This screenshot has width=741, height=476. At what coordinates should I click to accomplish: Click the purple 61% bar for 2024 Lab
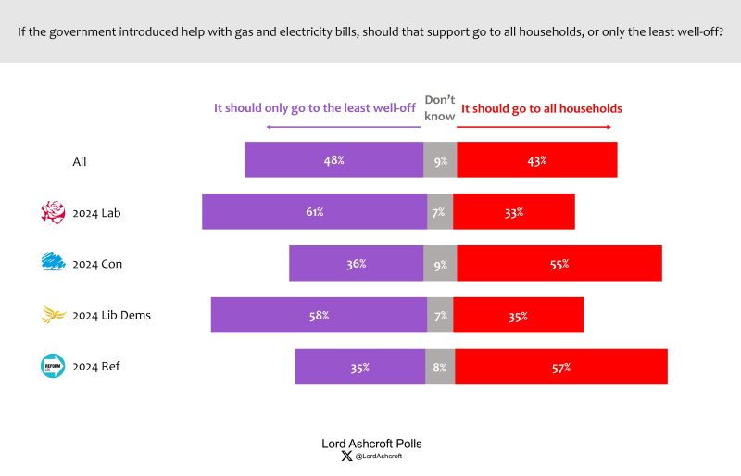pos(315,211)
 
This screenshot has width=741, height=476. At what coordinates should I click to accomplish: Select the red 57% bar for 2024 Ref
pos(561,367)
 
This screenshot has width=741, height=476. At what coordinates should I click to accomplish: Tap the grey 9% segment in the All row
pos(440,160)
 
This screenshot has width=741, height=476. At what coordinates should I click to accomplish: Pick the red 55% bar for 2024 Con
pos(559,263)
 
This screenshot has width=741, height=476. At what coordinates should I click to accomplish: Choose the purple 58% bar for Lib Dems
pos(319,315)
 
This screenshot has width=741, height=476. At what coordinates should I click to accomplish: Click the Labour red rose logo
pos(53,212)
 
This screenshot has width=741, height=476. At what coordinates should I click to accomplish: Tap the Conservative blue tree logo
pos(54,261)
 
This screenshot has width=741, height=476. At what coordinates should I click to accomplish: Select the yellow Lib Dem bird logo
pos(54,314)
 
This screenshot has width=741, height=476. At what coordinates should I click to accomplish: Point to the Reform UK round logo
pos(53,366)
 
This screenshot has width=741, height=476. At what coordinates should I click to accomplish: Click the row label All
pos(80,162)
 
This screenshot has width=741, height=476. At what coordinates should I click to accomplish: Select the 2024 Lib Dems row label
pos(111,315)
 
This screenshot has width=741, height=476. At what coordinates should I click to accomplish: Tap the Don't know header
pos(439,107)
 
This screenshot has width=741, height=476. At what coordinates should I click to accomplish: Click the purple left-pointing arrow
pos(343,127)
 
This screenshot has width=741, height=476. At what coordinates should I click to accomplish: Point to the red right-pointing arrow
pos(534,127)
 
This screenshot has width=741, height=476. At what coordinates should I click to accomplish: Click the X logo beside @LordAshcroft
pos(346,457)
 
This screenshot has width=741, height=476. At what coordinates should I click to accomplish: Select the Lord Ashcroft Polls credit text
pos(371,444)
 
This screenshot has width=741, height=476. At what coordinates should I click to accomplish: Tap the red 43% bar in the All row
pos(537,160)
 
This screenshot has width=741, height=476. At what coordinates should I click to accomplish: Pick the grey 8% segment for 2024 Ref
pos(440,367)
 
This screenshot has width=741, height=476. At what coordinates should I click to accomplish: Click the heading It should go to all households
pos(542,108)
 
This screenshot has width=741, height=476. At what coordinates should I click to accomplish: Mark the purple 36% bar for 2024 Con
pos(357,263)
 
